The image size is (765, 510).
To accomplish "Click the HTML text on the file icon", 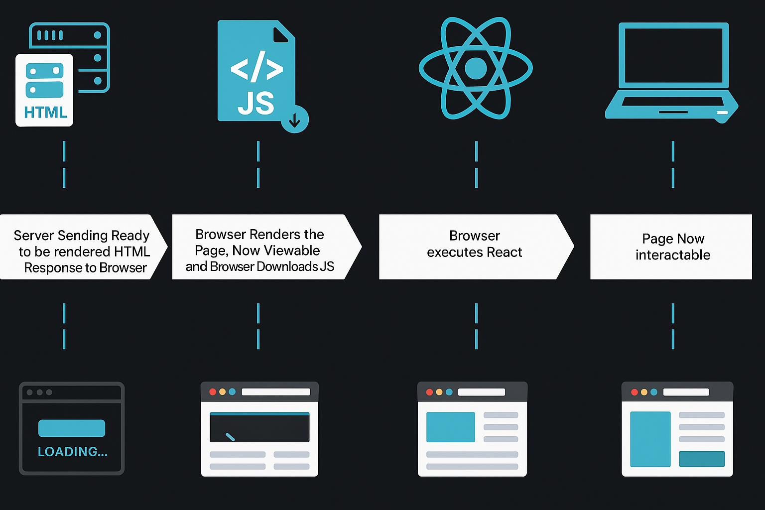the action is click(x=45, y=113).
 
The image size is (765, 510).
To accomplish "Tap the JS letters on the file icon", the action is click(x=256, y=103).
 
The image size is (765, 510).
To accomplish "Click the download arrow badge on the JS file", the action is click(x=295, y=120).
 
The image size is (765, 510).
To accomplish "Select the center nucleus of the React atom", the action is click(x=476, y=68).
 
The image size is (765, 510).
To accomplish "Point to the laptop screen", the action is click(x=673, y=55).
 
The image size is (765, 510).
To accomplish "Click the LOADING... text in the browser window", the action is click(x=73, y=452).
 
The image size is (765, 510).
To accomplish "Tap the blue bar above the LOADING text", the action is click(x=72, y=428).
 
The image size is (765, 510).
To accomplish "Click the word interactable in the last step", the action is click(x=673, y=255).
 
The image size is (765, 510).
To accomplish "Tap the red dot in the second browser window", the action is click(x=213, y=392).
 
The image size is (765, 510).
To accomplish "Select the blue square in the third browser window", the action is click(x=451, y=427).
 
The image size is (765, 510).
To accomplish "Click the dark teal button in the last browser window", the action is click(x=702, y=459).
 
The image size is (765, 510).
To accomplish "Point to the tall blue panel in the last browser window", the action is click(x=650, y=439).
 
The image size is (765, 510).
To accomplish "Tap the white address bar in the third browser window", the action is click(x=481, y=392).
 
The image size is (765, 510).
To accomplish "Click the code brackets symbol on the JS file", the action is click(x=256, y=68).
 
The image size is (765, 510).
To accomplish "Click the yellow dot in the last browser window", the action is click(x=644, y=392).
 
